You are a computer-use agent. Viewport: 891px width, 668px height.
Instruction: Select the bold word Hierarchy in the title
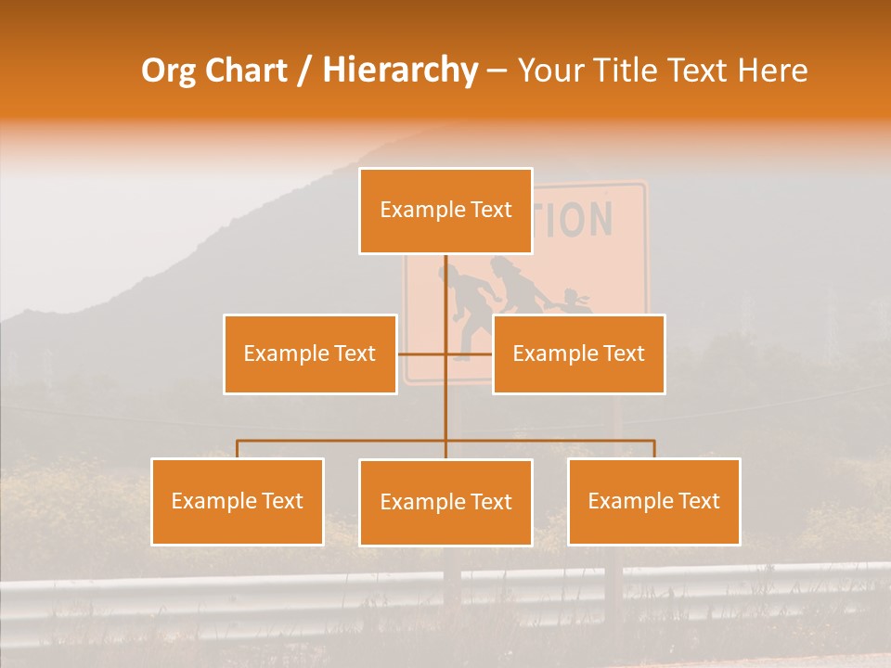(x=399, y=71)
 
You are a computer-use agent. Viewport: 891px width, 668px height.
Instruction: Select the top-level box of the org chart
(x=445, y=211)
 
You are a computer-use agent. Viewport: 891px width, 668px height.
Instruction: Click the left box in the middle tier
(x=310, y=353)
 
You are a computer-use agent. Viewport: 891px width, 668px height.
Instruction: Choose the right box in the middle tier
(x=578, y=353)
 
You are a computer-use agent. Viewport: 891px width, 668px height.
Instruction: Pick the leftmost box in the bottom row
(x=238, y=501)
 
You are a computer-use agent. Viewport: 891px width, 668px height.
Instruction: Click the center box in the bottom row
(x=445, y=502)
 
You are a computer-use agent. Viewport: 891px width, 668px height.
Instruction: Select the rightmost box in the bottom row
(x=653, y=501)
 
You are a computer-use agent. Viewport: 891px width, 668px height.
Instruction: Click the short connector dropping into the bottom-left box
(x=238, y=449)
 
